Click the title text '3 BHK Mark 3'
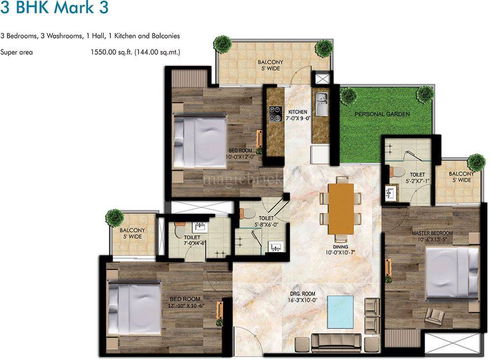(55, 9)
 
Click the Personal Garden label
(382, 114)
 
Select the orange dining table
(341, 208)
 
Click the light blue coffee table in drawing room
(342, 311)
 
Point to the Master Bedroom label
(432, 233)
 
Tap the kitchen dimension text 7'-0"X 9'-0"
(298, 118)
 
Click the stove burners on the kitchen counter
(274, 114)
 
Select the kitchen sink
(321, 104)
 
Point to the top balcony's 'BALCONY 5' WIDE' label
(269, 65)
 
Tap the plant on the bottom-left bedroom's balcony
(114, 217)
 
